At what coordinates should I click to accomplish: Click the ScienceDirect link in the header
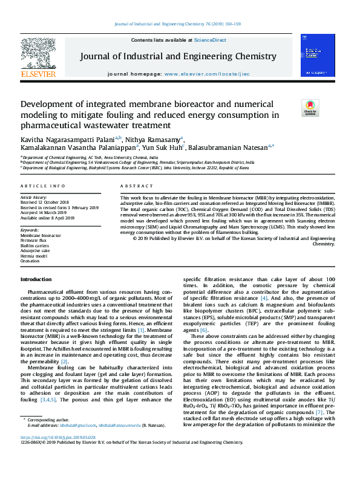(x=209, y=39)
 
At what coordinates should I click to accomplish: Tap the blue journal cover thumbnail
(x=318, y=55)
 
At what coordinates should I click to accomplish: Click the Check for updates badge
(x=310, y=108)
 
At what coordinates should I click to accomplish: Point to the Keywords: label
(x=30, y=230)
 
